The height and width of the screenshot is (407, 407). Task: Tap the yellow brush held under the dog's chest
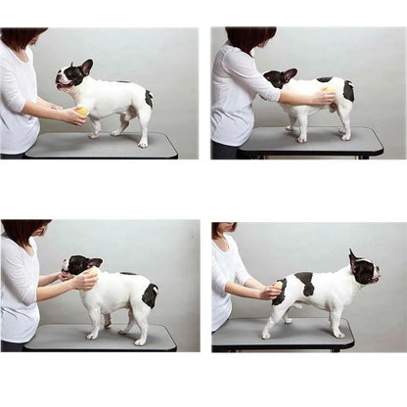pyautogui.click(x=82, y=112)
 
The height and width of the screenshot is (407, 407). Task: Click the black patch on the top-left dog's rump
pyautogui.click(x=149, y=98)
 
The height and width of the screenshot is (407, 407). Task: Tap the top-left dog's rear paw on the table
pyautogui.click(x=143, y=143)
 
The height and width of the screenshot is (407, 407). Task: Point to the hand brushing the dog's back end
pyautogui.click(x=324, y=96)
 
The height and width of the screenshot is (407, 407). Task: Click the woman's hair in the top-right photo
pyautogui.click(x=249, y=37)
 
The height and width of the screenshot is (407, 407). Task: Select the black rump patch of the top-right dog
pyautogui.click(x=347, y=91)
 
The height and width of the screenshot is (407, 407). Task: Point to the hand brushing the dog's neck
pyautogui.click(x=86, y=279)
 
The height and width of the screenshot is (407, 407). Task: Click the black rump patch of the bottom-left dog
pyautogui.click(x=150, y=294)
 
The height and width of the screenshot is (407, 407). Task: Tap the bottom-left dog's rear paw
pyautogui.click(x=140, y=340)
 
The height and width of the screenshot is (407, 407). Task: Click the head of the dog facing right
pyautogui.click(x=362, y=271)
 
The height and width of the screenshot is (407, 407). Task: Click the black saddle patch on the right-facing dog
pyautogui.click(x=306, y=283)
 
